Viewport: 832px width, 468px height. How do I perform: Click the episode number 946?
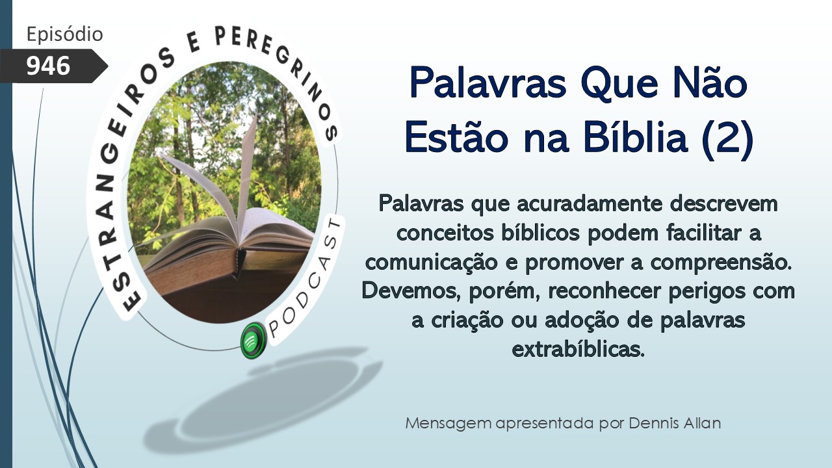(x=48, y=66)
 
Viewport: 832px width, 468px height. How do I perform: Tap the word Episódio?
(x=64, y=34)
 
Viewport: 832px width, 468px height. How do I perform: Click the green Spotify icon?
(x=253, y=341)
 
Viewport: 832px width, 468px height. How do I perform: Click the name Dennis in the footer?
(x=654, y=423)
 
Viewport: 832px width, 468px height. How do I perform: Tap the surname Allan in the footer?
(x=702, y=423)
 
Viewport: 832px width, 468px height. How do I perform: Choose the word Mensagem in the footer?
(x=448, y=424)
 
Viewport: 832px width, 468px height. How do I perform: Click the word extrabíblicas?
(x=578, y=349)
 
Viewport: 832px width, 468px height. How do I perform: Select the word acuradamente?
(x=590, y=204)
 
